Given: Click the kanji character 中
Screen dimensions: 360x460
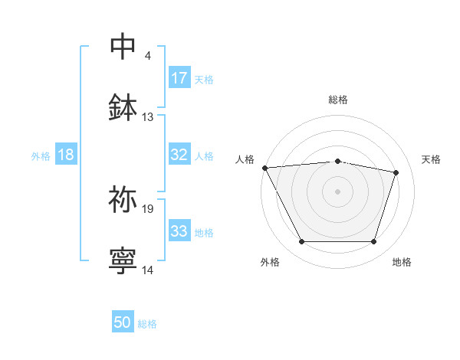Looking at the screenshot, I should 123,46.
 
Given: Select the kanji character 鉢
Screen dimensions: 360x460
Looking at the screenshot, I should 123,107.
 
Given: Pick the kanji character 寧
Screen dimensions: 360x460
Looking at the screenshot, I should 123,260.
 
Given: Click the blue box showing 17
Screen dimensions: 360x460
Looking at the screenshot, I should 179,78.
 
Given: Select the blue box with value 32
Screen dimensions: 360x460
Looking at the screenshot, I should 179,155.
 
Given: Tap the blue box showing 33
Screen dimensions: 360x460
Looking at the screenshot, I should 179,231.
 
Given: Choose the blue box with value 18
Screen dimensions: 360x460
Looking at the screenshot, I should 66,155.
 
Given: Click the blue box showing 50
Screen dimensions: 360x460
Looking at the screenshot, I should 123,322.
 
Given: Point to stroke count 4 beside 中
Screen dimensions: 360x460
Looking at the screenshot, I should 147,56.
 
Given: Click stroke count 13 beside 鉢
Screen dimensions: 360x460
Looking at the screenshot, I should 148,117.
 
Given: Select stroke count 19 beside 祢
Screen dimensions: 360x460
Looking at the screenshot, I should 148,208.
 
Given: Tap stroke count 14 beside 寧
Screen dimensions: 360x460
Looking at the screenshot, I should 148,270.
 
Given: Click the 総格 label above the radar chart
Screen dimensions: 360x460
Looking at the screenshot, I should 338,100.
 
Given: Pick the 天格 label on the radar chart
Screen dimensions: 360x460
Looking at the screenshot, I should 431,159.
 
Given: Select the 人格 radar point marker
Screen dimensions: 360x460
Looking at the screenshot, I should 265,168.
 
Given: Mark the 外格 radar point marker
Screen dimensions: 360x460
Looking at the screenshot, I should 301,242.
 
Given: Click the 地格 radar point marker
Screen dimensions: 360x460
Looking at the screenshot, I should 374,242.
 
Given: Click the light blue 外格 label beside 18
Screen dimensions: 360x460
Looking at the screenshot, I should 41,155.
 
